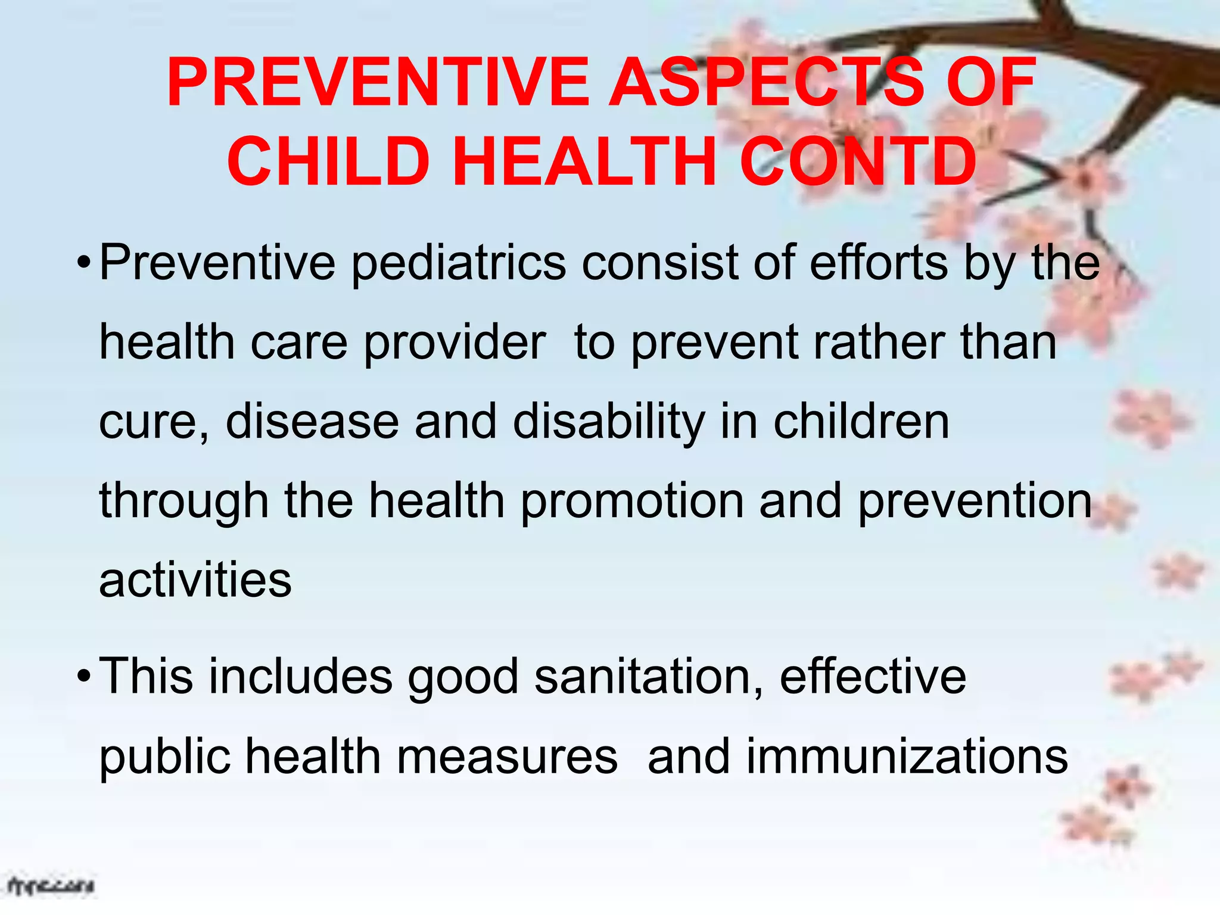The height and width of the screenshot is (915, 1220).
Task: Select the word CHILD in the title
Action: point(328,161)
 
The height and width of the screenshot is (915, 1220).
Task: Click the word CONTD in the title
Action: point(858,161)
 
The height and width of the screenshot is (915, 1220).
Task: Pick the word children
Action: point(861,421)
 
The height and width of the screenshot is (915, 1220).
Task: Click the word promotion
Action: point(632,502)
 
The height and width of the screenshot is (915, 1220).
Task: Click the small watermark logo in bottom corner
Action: point(51,886)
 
